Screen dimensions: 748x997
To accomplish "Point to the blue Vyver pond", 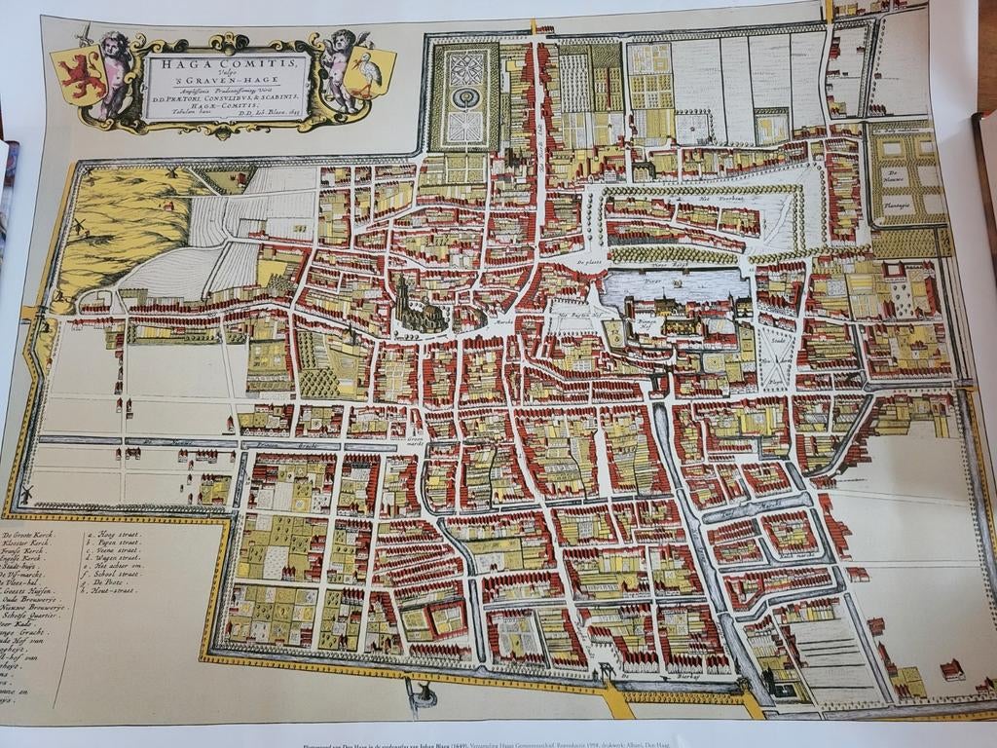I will point(672,286).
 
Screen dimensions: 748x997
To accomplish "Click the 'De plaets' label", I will point(590,264).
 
